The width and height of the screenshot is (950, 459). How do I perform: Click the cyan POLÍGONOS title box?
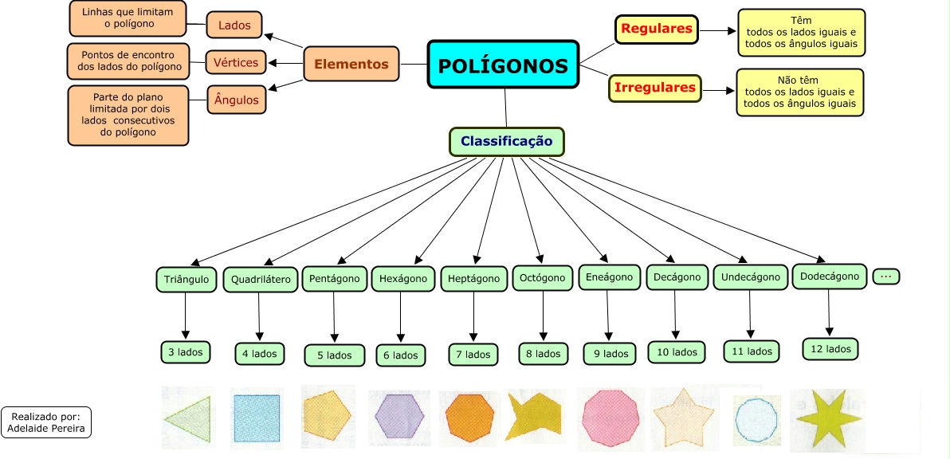pos(503,65)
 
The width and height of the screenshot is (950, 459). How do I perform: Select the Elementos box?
pos(351,64)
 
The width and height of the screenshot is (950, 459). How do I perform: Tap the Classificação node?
pos(507,142)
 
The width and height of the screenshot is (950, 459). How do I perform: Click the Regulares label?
pos(656,29)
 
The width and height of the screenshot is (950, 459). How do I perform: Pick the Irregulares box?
pos(655,88)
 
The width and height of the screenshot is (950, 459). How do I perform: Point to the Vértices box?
pos(236,62)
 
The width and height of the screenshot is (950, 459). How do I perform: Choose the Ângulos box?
pos(236,100)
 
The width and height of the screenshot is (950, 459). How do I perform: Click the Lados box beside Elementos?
pos(234,25)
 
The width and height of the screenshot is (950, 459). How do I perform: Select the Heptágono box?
pos(473,279)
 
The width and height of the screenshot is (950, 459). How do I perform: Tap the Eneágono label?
pos(609,277)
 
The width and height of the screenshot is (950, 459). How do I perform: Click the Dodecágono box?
pos(830,277)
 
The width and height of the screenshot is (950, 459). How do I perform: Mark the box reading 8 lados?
pos(543,354)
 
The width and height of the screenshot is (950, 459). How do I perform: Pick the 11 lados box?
pos(752,351)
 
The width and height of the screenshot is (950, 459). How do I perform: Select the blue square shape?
pos(257,418)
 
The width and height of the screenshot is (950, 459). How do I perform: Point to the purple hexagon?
pos(399,416)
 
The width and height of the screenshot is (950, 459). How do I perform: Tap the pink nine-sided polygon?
pos(610,418)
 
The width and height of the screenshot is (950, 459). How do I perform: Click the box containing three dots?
pos(885,277)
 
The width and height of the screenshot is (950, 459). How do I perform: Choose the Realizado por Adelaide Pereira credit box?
pos(46,422)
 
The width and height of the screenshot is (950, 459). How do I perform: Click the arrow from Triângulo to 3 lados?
pos(186,316)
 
